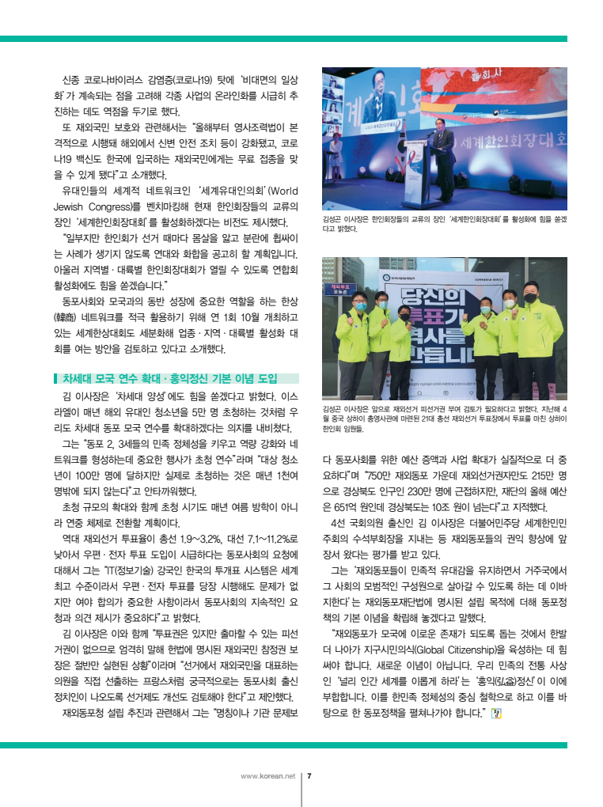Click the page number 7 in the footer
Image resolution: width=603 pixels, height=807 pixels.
pos(309,775)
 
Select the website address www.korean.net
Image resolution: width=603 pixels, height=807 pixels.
pos(267,775)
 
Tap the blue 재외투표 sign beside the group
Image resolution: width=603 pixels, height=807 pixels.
pos(340,289)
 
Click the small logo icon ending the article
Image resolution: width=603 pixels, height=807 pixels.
pos(497,712)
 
